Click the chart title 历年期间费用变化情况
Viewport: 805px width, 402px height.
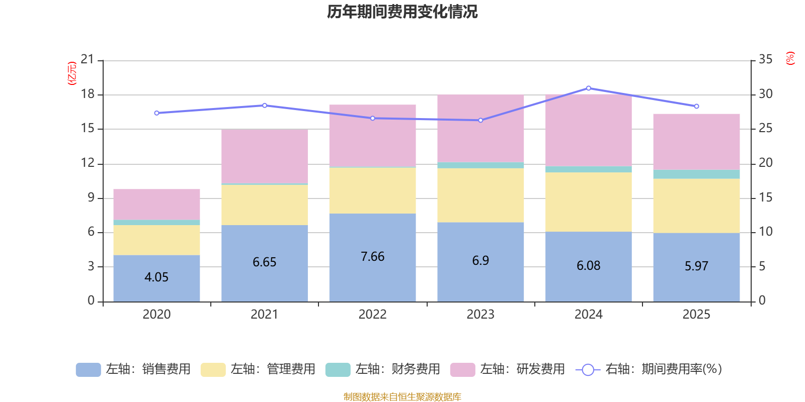point(402,12)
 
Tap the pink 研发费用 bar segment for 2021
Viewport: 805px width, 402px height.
point(265,156)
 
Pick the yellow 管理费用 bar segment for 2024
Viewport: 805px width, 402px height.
point(589,202)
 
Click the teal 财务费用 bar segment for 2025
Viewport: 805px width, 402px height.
point(696,174)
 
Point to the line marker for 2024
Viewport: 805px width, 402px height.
point(589,88)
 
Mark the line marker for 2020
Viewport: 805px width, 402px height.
point(156,113)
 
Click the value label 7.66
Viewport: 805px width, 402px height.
point(372,257)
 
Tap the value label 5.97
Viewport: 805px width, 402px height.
point(696,266)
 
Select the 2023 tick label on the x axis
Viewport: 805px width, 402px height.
point(480,315)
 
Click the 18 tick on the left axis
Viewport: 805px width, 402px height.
point(88,94)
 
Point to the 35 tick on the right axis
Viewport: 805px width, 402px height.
point(765,59)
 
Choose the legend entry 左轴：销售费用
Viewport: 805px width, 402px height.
point(133,369)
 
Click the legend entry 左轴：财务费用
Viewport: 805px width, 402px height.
point(383,369)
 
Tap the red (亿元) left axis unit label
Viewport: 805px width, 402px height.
point(72,73)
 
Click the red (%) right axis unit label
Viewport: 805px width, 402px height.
point(790,58)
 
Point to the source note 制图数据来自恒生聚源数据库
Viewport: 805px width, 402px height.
point(402,397)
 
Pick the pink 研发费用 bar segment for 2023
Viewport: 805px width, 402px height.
point(480,128)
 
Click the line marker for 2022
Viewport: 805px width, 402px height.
point(372,119)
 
